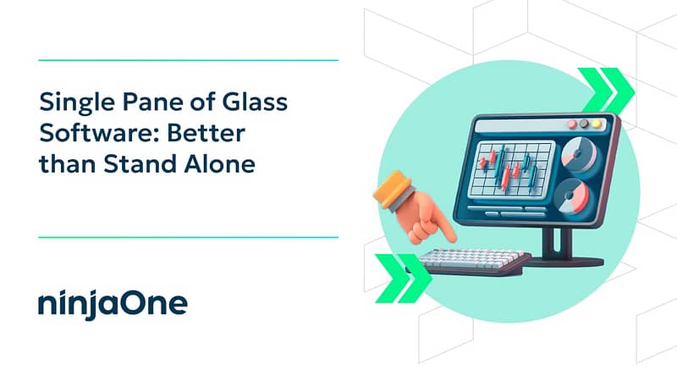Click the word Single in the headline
pyautogui.click(x=78, y=103)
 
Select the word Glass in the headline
pyautogui.click(x=255, y=102)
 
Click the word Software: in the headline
pyautogui.click(x=99, y=133)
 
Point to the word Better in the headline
pyautogui.click(x=206, y=133)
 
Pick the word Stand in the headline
pyautogui.click(x=140, y=163)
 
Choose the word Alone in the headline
pyautogui.click(x=219, y=163)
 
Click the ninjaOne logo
pyautogui.click(x=113, y=304)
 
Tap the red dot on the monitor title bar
pyautogui.click(x=573, y=124)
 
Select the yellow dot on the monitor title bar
pyautogui.click(x=597, y=124)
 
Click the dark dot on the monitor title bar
pyautogui.click(x=584, y=124)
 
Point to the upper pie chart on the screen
pyautogui.click(x=580, y=154)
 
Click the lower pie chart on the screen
pyautogui.click(x=571, y=196)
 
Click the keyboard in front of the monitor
pyautogui.click(x=473, y=262)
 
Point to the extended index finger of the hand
pyautogui.click(x=442, y=229)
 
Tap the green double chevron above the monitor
pyautogui.click(x=606, y=90)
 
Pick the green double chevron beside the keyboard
pyautogui.click(x=404, y=279)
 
